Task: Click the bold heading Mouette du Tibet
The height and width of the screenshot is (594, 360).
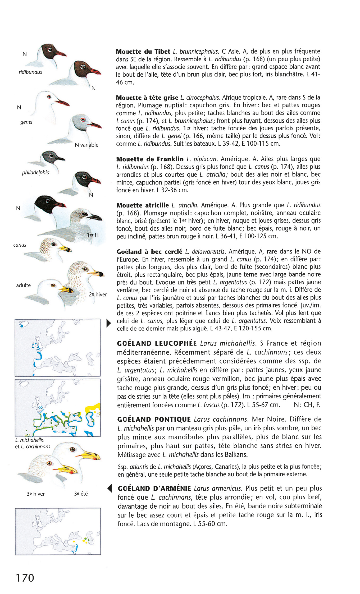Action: (143, 52)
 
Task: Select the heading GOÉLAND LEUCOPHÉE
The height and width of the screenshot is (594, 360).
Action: (157, 343)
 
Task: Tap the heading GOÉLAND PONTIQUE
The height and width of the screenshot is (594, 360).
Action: (154, 419)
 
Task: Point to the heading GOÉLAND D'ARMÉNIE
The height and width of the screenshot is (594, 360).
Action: (154, 488)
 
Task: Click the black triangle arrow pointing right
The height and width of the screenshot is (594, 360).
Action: (108, 323)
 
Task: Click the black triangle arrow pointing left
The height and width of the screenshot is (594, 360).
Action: (109, 488)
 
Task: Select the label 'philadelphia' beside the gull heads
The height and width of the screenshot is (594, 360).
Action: (36, 173)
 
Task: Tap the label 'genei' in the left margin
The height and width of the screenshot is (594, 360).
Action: (26, 122)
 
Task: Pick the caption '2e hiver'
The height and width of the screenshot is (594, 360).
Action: (98, 294)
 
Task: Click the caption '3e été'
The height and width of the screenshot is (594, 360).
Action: (81, 494)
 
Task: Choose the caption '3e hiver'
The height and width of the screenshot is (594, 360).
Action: (36, 494)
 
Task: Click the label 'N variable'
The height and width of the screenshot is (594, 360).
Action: (86, 145)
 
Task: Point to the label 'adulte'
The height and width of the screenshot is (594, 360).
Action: (23, 285)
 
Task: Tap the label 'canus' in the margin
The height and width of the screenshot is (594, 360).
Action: (20, 245)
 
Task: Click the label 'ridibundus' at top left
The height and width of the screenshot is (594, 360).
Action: (30, 72)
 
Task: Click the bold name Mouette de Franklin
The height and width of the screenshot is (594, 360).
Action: (150, 159)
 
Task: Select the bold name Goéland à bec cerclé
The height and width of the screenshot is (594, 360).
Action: (149, 252)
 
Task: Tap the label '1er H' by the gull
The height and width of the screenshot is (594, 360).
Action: (93, 235)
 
